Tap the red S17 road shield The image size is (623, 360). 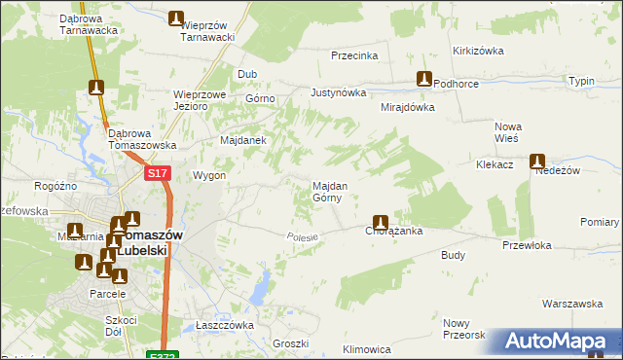tap(159, 173)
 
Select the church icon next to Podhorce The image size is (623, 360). tap(424, 79)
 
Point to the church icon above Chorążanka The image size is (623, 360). tap(381, 221)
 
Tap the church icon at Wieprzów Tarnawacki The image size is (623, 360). tap(176, 18)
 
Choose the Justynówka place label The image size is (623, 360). tap(338, 93)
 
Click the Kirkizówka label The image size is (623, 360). tap(476, 51)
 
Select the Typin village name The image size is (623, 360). tap(582, 81)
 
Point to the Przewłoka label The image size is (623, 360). tap(527, 245)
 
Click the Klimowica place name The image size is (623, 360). tap(367, 348)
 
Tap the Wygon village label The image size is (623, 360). tap(209, 176)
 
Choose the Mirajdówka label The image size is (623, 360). tap(407, 107)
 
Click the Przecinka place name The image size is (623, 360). tap(354, 55)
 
